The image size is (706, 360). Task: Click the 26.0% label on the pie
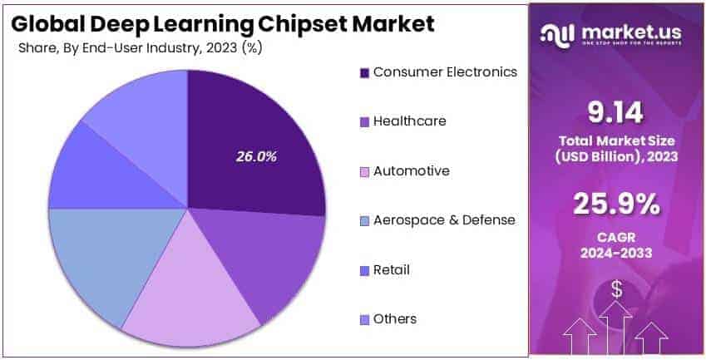[256, 156]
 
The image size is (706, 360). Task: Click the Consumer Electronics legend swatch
[363, 72]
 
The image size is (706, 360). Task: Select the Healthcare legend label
[409, 121]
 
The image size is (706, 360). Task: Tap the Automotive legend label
[411, 170]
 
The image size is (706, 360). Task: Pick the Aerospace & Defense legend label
[444, 220]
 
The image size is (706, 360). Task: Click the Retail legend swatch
[363, 270]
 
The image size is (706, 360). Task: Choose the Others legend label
[395, 319]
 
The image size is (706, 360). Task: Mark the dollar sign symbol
[617, 288]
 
